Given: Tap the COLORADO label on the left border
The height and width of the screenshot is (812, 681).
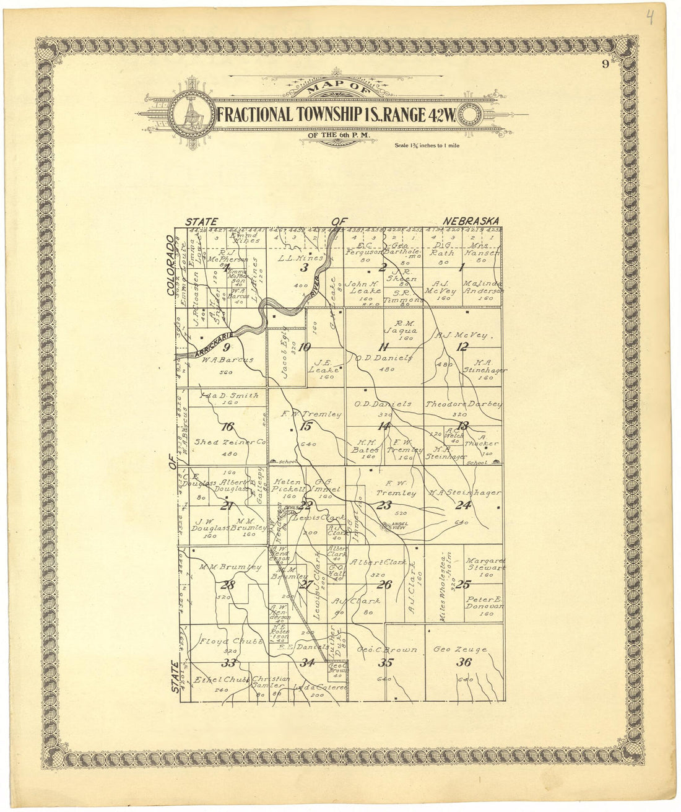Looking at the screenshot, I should [171, 268].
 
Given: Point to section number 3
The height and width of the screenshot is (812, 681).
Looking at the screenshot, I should [304, 268].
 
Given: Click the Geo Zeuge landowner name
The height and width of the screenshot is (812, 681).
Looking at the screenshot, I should [460, 650].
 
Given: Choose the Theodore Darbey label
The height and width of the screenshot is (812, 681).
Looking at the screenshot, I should [463, 404].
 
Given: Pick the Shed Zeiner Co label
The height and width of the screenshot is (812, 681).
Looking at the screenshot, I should [230, 442].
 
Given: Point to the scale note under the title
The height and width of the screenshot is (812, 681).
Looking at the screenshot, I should [432, 146].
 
